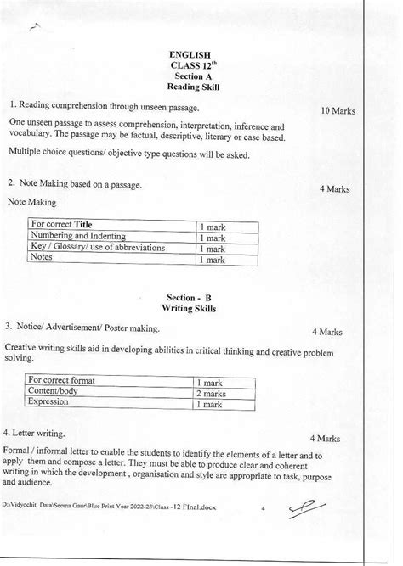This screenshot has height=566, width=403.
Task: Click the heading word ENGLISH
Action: point(190,56)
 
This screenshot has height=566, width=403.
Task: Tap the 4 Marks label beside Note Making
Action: point(334,189)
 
